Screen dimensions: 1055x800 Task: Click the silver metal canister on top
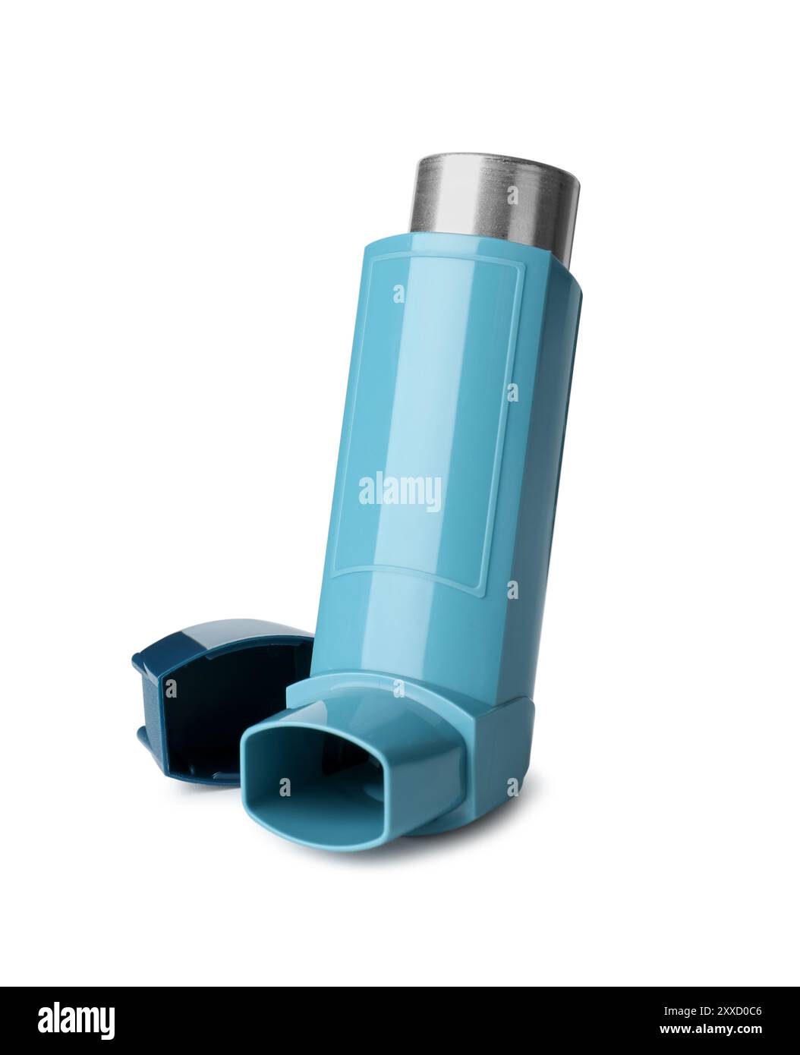pyautogui.click(x=496, y=197)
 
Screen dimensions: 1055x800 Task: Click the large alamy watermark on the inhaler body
pyautogui.click(x=399, y=493)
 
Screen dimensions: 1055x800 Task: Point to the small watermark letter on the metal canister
pyautogui.click(x=514, y=195)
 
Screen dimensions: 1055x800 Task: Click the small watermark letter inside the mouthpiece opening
pyautogui.click(x=284, y=788)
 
